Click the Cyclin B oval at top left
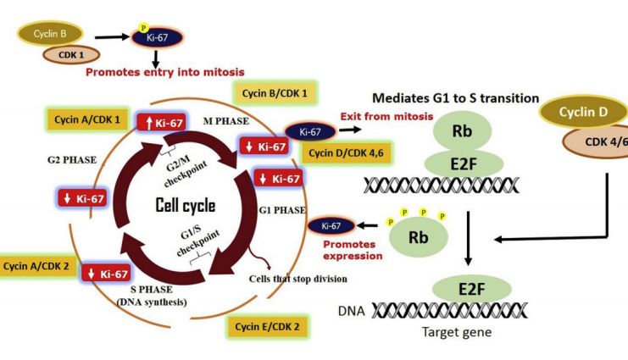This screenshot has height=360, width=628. pyautogui.click(x=50, y=34)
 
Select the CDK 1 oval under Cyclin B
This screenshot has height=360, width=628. pyautogui.click(x=71, y=55)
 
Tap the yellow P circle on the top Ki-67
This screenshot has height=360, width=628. pyautogui.click(x=143, y=28)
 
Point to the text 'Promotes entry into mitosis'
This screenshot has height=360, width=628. pyautogui.click(x=165, y=73)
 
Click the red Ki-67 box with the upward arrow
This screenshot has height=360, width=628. pyautogui.click(x=162, y=123)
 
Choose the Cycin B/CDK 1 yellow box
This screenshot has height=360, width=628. pyautogui.click(x=275, y=94)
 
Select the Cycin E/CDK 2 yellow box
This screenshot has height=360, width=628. pyautogui.click(x=267, y=327)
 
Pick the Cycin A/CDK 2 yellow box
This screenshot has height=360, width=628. pyautogui.click(x=36, y=266)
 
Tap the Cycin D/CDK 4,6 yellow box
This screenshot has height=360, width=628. pyautogui.click(x=346, y=153)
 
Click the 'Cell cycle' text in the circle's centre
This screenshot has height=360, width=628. pyautogui.click(x=186, y=206)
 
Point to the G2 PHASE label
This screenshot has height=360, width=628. pyautogui.click(x=72, y=160)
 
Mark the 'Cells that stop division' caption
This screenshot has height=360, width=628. pyautogui.click(x=298, y=279)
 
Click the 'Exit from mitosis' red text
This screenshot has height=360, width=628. pyautogui.click(x=387, y=117)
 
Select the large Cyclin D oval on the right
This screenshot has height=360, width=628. pyautogui.click(x=583, y=112)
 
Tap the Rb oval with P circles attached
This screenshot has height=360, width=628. pyautogui.click(x=418, y=237)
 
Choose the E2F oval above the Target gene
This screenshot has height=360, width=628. pyautogui.click(x=472, y=289)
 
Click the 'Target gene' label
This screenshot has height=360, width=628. pyautogui.click(x=457, y=332)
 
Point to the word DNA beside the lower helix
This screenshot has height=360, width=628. pyautogui.click(x=351, y=311)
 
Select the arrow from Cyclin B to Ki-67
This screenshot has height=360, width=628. pyautogui.click(x=113, y=37)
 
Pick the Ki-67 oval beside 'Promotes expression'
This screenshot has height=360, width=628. pyautogui.click(x=331, y=226)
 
